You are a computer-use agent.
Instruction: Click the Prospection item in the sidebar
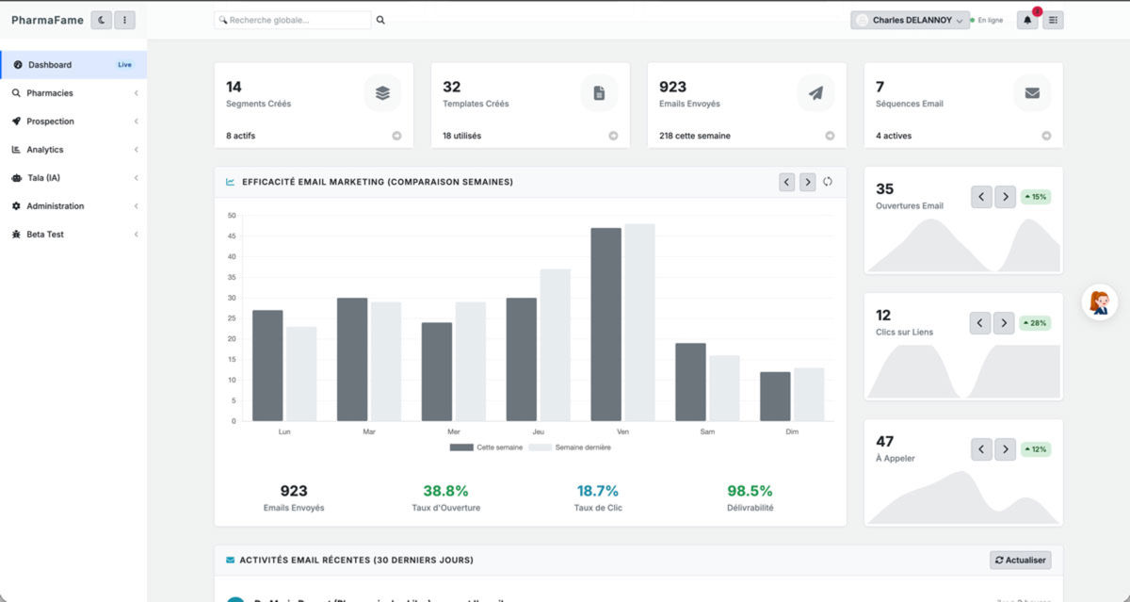point(50,122)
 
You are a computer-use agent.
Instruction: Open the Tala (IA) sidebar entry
point(42,178)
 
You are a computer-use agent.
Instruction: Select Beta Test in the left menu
point(44,235)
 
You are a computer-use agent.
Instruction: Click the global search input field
point(293,20)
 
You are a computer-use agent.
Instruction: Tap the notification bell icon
point(1026,20)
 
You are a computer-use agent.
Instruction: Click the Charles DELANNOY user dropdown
point(910,20)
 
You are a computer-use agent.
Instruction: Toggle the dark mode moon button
point(101,20)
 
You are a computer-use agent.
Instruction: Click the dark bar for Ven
point(605,324)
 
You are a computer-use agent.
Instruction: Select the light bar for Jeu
point(555,345)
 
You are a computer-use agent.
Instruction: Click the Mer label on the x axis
point(454,431)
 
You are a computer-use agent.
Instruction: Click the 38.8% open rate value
point(445,491)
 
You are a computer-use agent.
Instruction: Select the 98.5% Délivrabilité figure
point(750,491)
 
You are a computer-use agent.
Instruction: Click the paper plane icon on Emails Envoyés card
point(815,93)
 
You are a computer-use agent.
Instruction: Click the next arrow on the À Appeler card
point(1006,449)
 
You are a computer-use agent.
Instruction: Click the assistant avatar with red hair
point(1099,302)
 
